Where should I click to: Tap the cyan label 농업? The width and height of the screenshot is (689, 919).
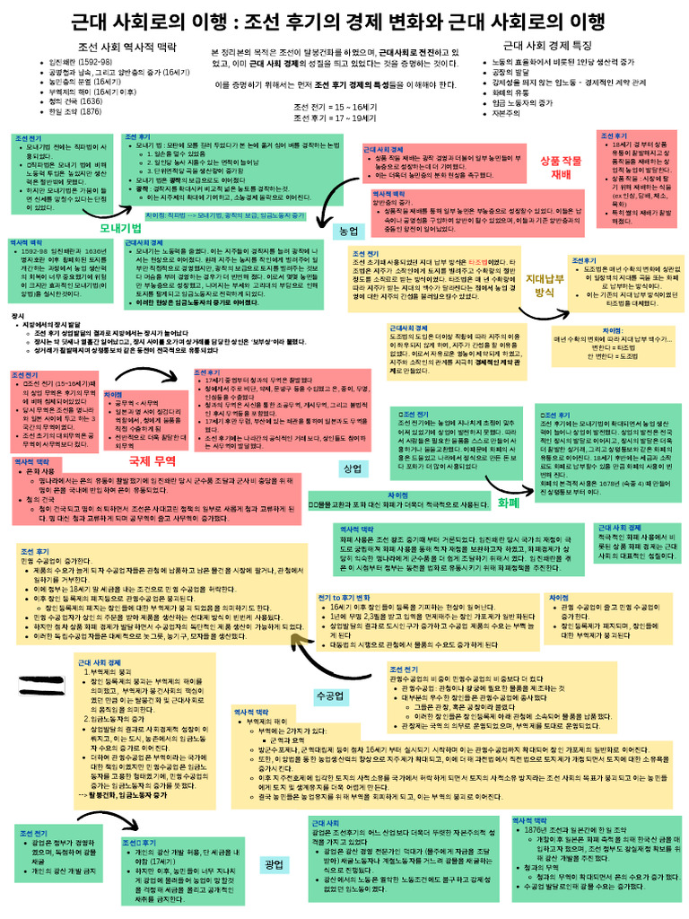[344, 231]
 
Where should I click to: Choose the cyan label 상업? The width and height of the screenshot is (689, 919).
[353, 468]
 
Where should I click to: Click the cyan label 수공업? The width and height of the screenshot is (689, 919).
[331, 696]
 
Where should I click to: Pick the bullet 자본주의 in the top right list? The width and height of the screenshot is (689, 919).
[507, 114]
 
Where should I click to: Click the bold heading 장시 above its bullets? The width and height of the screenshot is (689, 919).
[16, 316]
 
